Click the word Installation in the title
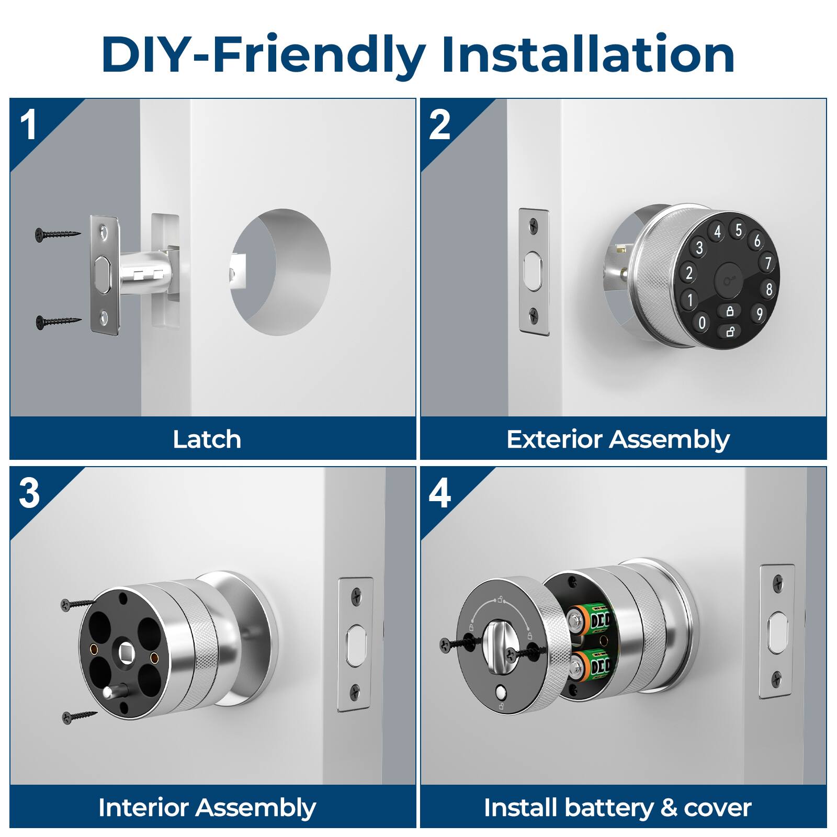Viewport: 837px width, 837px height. click(588, 55)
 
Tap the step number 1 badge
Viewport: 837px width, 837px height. click(29, 126)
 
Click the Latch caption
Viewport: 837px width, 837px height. click(207, 439)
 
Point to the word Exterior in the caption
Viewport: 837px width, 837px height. click(555, 439)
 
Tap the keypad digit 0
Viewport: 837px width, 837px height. click(702, 323)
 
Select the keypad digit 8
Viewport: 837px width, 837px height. click(768, 289)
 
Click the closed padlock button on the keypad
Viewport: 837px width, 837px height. click(730, 311)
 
